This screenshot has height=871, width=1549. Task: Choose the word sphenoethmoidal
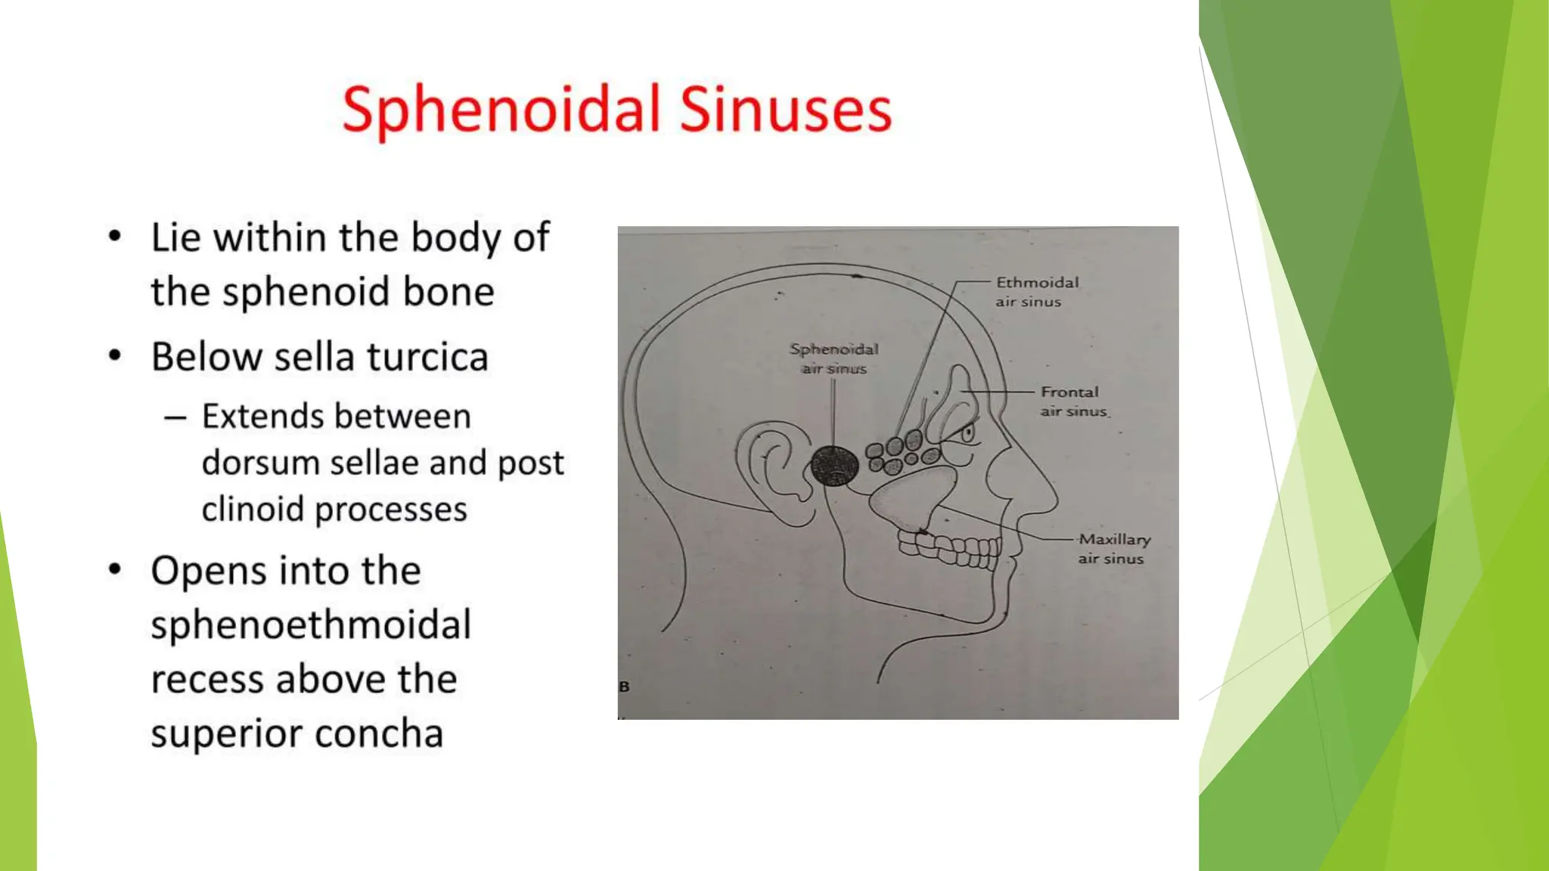click(311, 625)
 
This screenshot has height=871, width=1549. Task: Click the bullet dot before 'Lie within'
click(114, 237)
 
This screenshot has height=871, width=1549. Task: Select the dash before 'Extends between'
click(175, 417)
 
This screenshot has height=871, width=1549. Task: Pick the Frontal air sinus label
click(1073, 401)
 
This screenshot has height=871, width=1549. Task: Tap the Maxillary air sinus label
click(1113, 549)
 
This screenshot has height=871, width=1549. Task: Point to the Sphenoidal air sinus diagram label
click(833, 358)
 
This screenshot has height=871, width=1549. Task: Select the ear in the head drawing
click(771, 473)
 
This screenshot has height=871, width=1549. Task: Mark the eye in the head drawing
click(967, 434)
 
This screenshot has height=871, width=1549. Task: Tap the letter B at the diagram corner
click(624, 687)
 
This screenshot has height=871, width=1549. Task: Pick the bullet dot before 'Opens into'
click(114, 569)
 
